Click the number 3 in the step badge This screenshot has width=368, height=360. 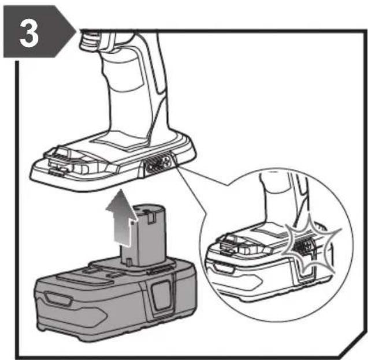coord(29,32)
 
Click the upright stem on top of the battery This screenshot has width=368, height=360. coord(144,235)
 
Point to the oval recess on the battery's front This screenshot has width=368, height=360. coord(59,299)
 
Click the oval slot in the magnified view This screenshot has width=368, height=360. coord(224,268)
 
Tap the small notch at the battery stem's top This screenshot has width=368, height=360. coord(151,217)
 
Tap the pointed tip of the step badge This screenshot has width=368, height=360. coord(76,31)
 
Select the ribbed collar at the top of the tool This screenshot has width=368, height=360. coord(88,40)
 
